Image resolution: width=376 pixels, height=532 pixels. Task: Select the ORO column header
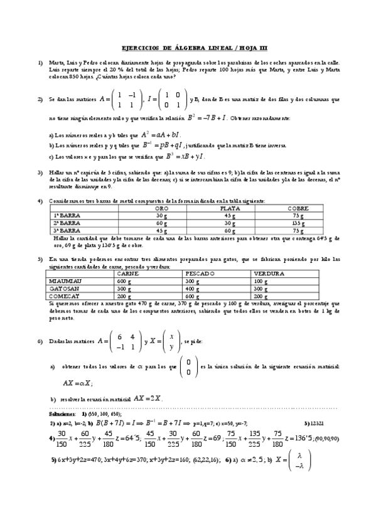[161, 208]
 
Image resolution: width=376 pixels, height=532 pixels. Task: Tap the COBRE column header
[298, 208]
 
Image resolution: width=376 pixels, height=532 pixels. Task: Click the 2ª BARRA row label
[65, 222]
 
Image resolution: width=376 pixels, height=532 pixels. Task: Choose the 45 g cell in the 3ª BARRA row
[161, 230]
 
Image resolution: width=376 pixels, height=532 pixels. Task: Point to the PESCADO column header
[200, 274]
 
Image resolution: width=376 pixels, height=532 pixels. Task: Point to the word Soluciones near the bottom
[62, 415]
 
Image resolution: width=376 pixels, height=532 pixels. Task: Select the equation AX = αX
[78, 382]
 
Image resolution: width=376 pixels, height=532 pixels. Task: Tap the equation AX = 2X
[148, 398]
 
